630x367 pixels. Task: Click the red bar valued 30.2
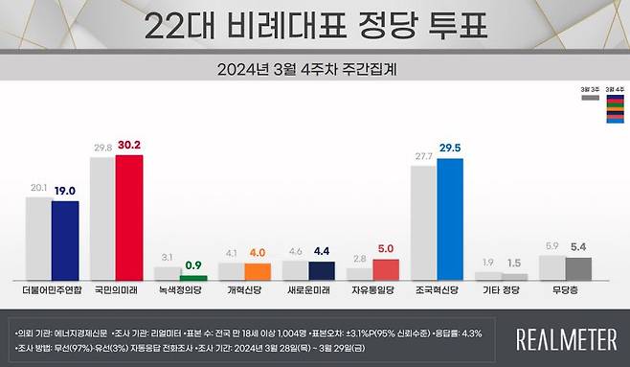[128, 217]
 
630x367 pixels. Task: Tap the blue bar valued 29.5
[450, 218]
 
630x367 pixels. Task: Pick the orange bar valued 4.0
[258, 270]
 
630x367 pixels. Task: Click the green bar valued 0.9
[193, 277]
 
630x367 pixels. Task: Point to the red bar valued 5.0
[386, 268]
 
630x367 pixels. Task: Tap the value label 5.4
[578, 247]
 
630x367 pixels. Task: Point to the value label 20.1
[37, 188]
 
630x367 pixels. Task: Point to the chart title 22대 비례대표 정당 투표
[314, 26]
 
